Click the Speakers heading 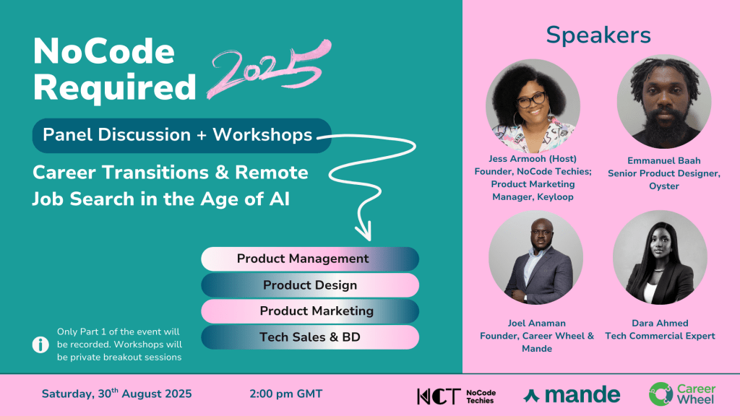pos(598,35)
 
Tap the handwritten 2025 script pos(269,69)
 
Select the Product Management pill pos(310,259)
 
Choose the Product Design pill pos(310,285)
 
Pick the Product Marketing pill pos(310,311)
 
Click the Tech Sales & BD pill pos(310,337)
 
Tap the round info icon pos(40,344)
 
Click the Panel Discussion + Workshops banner pos(181,135)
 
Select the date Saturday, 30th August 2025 pos(116,394)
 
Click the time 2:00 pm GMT pos(286,394)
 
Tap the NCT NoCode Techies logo pos(457,396)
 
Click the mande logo pos(572,395)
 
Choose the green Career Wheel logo pos(682,394)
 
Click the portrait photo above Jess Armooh pos(533,106)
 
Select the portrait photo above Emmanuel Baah pos(664,102)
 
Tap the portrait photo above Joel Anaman pos(535,258)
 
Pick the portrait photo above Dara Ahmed pos(660,258)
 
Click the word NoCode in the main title pos(104,51)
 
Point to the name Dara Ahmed pos(660,323)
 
